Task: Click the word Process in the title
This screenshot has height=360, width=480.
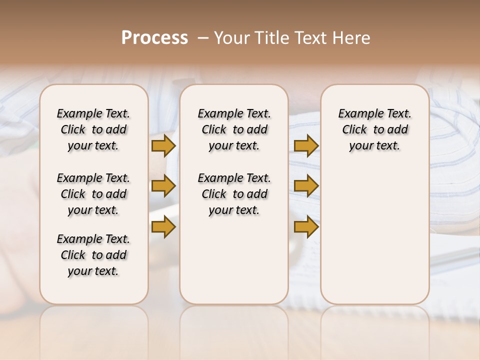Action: tap(154, 38)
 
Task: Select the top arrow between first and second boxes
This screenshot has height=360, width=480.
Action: tap(163, 146)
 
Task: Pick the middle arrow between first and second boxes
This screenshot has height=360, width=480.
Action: tap(163, 186)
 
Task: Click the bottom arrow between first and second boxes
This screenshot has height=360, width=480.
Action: tap(163, 226)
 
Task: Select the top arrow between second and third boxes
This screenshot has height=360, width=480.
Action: tap(306, 146)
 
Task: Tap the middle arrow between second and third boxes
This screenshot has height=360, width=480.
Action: tap(306, 186)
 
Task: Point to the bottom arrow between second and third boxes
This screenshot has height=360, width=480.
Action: tap(306, 226)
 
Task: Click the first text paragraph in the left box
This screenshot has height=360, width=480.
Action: tap(93, 129)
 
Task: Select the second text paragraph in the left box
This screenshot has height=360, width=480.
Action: tap(93, 194)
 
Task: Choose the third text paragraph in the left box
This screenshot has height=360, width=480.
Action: tap(93, 255)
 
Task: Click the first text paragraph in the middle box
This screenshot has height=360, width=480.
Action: tap(234, 129)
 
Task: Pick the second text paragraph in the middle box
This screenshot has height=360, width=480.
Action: tap(234, 194)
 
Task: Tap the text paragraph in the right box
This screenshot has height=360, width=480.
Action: tap(375, 129)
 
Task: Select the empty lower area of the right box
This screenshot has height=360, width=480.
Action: tap(375, 235)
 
